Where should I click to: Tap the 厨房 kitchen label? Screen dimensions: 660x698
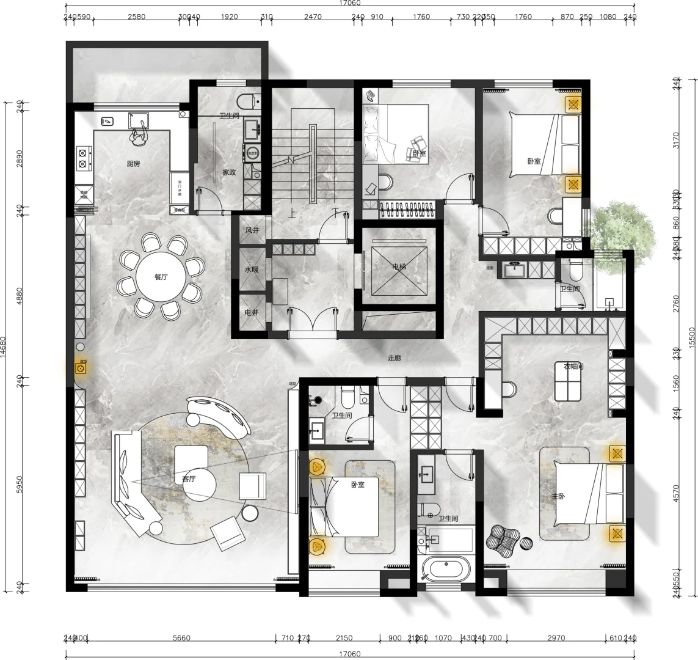[x=134, y=164]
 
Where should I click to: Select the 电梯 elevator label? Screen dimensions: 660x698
[x=400, y=267]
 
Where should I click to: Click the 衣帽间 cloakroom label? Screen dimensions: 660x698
[x=573, y=367]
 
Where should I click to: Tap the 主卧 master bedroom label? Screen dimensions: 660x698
[x=559, y=496]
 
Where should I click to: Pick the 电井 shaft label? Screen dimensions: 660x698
[x=252, y=313]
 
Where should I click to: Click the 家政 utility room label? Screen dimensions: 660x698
[x=229, y=172]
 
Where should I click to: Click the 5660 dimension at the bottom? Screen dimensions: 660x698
[x=181, y=638]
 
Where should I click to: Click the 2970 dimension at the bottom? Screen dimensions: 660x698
[x=556, y=638]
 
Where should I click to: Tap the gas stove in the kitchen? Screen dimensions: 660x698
[x=83, y=157]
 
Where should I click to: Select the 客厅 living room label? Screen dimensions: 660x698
[x=189, y=479]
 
